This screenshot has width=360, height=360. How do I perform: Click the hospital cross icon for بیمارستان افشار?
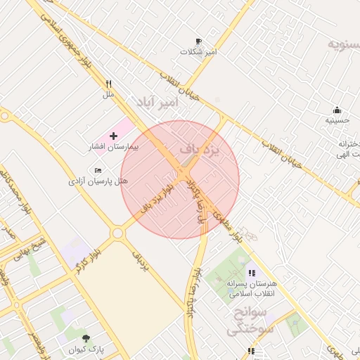114,134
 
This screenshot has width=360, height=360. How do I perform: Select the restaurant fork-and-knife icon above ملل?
108,83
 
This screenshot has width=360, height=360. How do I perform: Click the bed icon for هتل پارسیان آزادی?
98,170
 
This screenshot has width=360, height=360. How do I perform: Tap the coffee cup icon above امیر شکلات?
198,41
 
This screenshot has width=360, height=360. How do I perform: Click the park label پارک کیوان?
86,349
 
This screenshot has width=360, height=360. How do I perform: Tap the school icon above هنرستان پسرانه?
251,273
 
